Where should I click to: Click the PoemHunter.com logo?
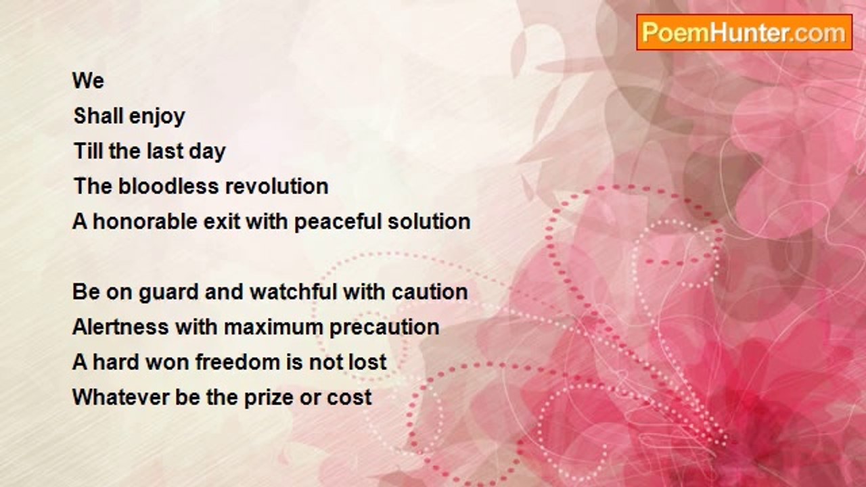pos(744,32)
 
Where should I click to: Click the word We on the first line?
pos(88,80)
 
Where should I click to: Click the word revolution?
pos(277,186)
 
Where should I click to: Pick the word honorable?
pos(145,221)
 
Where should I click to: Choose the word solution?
pos(429,221)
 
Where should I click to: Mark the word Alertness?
pos(120,327)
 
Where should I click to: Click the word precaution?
pos(384,328)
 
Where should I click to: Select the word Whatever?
pos(120,397)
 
